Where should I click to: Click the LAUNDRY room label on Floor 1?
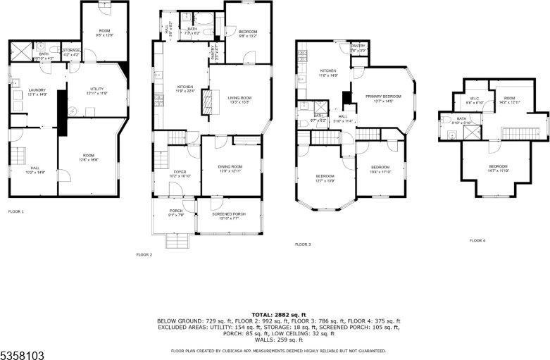[x=37, y=92]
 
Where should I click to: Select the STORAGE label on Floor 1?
[x=71, y=51]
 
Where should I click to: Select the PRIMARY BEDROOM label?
[x=382, y=98]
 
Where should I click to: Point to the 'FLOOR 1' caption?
[x=15, y=211]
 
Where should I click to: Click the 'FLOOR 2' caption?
[x=144, y=254]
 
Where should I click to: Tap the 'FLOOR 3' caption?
[x=303, y=244]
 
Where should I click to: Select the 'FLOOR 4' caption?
[x=477, y=241]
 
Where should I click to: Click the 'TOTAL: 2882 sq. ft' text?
[x=279, y=314]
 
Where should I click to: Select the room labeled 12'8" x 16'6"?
[x=88, y=158]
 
